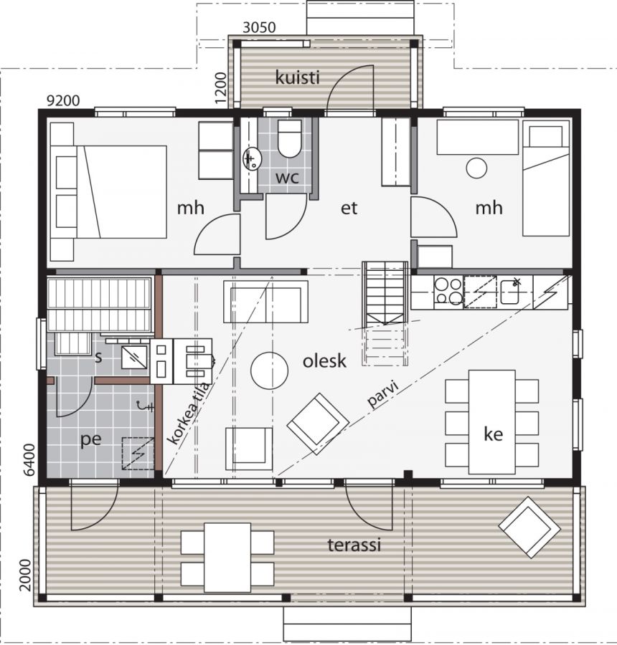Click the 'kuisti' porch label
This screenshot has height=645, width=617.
tap(297, 77)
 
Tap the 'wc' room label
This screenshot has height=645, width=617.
tap(287, 178)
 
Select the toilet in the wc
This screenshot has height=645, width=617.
tap(289, 138)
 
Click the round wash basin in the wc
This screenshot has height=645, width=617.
tap(251, 159)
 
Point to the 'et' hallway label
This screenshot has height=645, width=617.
tap(349, 208)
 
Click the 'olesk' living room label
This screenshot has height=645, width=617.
tap(324, 360)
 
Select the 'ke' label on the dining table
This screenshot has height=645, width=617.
tap(493, 434)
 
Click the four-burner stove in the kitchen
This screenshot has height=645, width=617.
tap(448, 292)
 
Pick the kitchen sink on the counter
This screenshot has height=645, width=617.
tap(511, 292)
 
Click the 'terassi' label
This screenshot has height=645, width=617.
tap(354, 545)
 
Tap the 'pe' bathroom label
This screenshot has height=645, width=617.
tap(90, 440)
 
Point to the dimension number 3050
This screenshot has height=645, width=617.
tap(259, 27)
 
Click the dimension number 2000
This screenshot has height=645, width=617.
tap(26, 575)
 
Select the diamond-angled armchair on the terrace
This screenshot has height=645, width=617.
tap(529, 527)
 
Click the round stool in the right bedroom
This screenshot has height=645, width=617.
tap(476, 168)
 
